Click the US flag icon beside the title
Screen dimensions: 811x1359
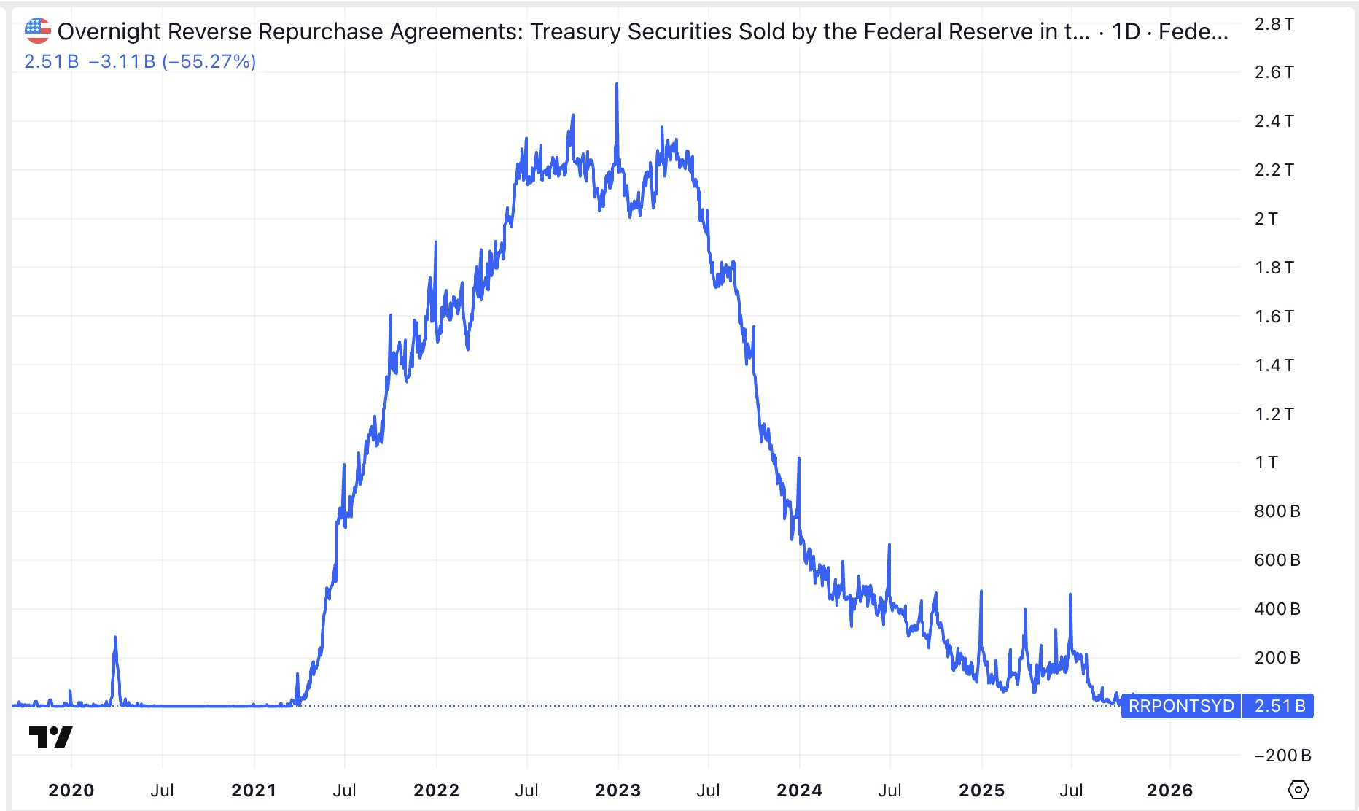coord(37,31)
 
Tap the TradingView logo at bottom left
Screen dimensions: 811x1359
coord(50,737)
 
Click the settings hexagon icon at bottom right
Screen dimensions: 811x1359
coord(1298,790)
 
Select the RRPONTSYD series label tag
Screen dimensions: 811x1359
coord(1181,706)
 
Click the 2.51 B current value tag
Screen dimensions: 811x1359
coord(1279,706)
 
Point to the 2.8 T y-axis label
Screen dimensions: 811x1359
coord(1274,24)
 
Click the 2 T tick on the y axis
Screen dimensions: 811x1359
coord(1266,219)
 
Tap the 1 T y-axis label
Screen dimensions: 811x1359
coord(1266,462)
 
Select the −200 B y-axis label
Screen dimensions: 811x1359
coord(1282,756)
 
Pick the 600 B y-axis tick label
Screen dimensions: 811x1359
coord(1277,560)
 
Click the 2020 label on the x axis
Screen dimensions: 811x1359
coord(71,791)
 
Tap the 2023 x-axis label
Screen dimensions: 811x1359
coord(618,791)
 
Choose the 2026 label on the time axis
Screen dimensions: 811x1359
coord(1169,791)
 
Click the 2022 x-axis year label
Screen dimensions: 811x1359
coord(436,791)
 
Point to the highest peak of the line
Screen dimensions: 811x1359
coord(617,85)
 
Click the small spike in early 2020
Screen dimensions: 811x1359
coord(115,639)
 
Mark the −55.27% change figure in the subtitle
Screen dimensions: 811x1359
coord(209,61)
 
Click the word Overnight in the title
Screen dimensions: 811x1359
coord(109,31)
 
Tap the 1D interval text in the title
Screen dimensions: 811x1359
coord(1125,31)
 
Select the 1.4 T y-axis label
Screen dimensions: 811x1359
coord(1274,365)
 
